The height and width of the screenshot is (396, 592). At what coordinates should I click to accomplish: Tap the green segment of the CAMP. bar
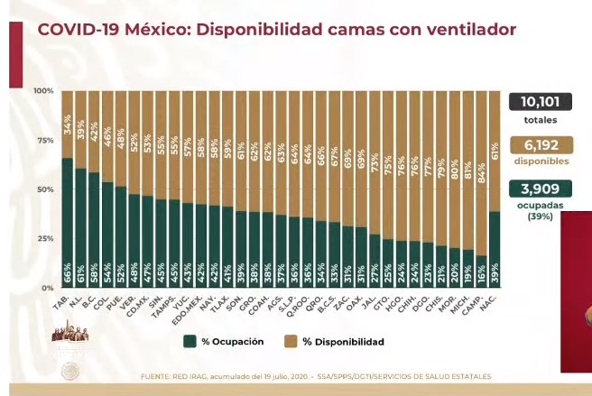pos(480,273)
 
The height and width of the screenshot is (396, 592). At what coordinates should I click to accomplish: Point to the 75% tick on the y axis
pos(42,141)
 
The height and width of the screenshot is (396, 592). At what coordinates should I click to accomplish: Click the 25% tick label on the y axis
pos(42,238)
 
